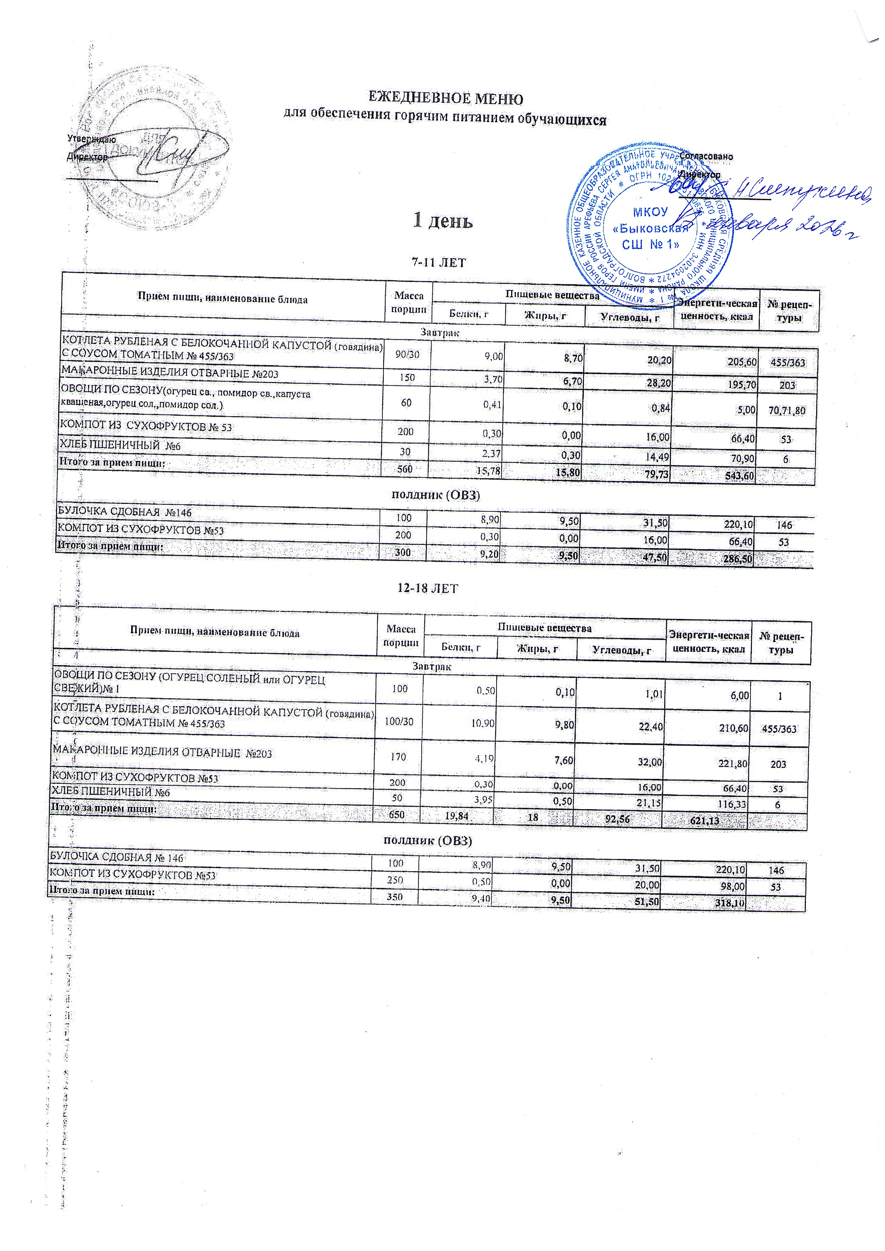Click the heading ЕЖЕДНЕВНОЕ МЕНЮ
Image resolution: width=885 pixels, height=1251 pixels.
coord(446,99)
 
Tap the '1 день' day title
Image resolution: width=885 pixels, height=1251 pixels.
coord(442,221)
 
